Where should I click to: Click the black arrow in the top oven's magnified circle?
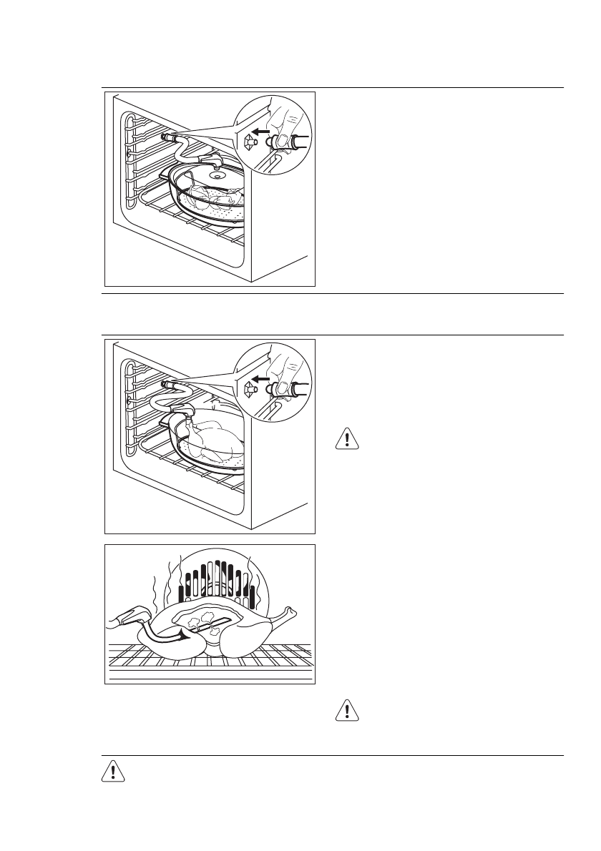click(263, 133)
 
